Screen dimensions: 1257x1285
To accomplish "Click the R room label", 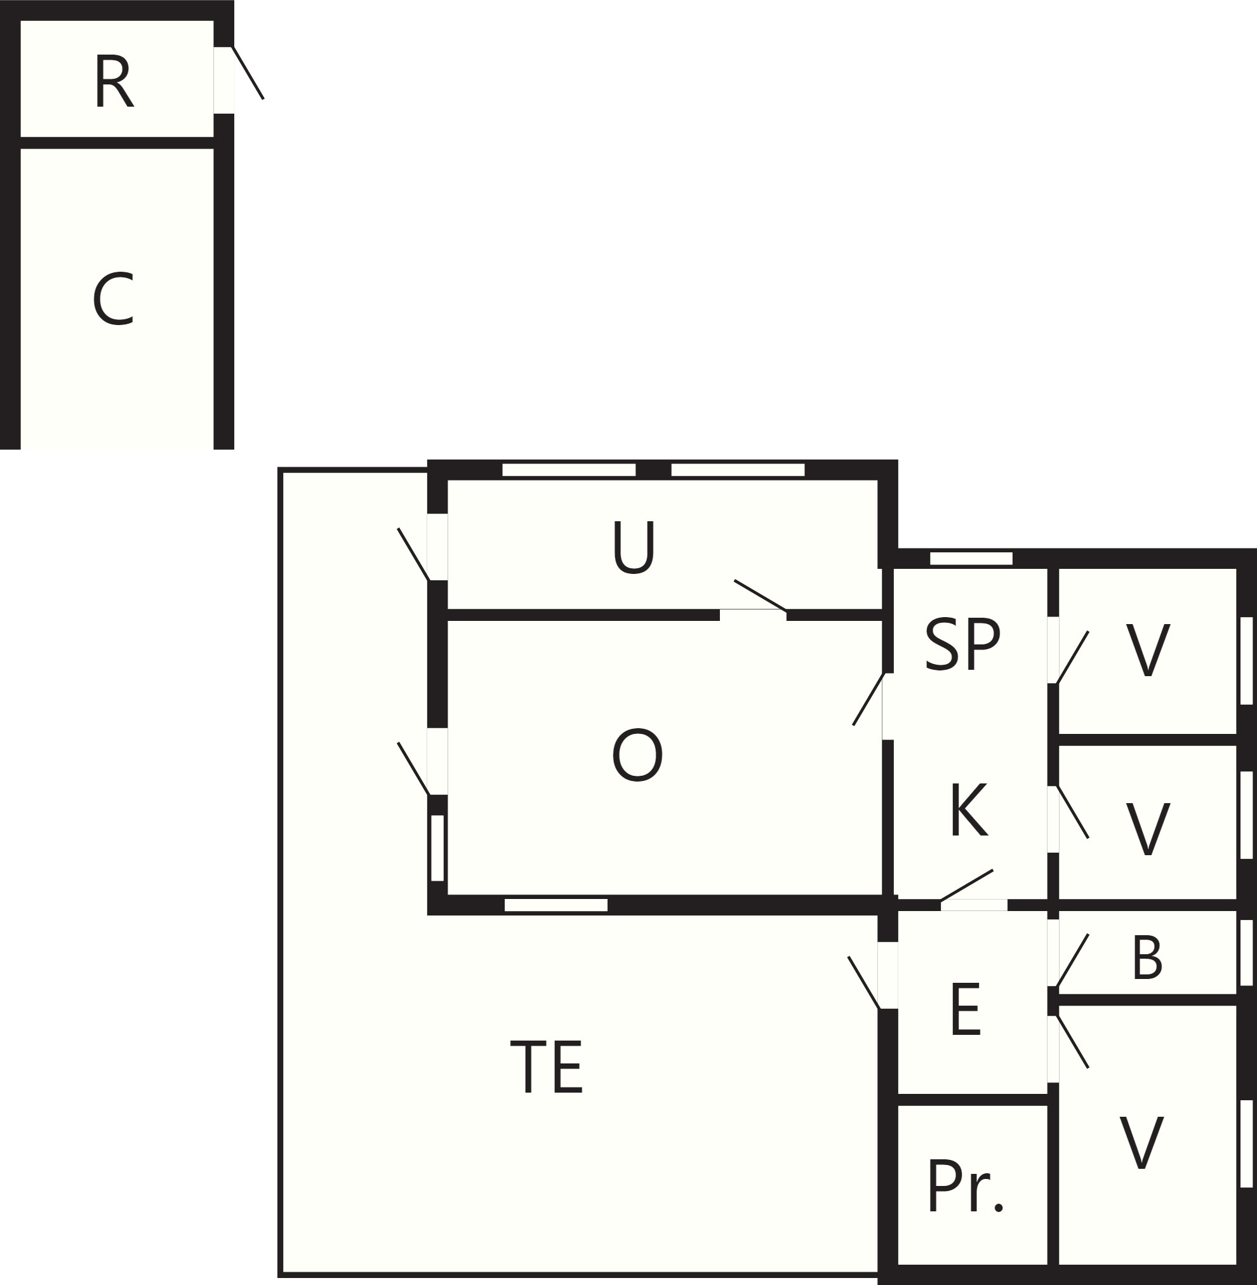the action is pyautogui.click(x=114, y=83).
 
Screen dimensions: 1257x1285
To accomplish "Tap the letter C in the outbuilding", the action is pyautogui.click(x=114, y=299).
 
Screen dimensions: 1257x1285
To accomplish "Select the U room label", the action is pyautogui.click(x=633, y=547).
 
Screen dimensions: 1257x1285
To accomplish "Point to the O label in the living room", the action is pyautogui.click(x=637, y=756).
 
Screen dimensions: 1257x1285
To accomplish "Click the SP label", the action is pyautogui.click(x=962, y=645).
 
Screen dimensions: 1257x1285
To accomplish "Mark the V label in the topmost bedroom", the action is pyautogui.click(x=1148, y=649).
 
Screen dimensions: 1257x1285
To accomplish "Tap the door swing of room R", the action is pyautogui.click(x=248, y=72).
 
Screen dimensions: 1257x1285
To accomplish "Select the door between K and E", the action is pyautogui.click(x=966, y=886).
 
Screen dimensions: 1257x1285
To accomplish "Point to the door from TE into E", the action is pyautogui.click(x=864, y=982).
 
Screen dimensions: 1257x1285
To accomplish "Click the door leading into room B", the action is pyautogui.click(x=1072, y=961).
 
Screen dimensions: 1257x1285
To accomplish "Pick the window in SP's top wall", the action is pyautogui.click(x=971, y=559).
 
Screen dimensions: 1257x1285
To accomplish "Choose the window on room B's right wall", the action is pyautogui.click(x=1246, y=952).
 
